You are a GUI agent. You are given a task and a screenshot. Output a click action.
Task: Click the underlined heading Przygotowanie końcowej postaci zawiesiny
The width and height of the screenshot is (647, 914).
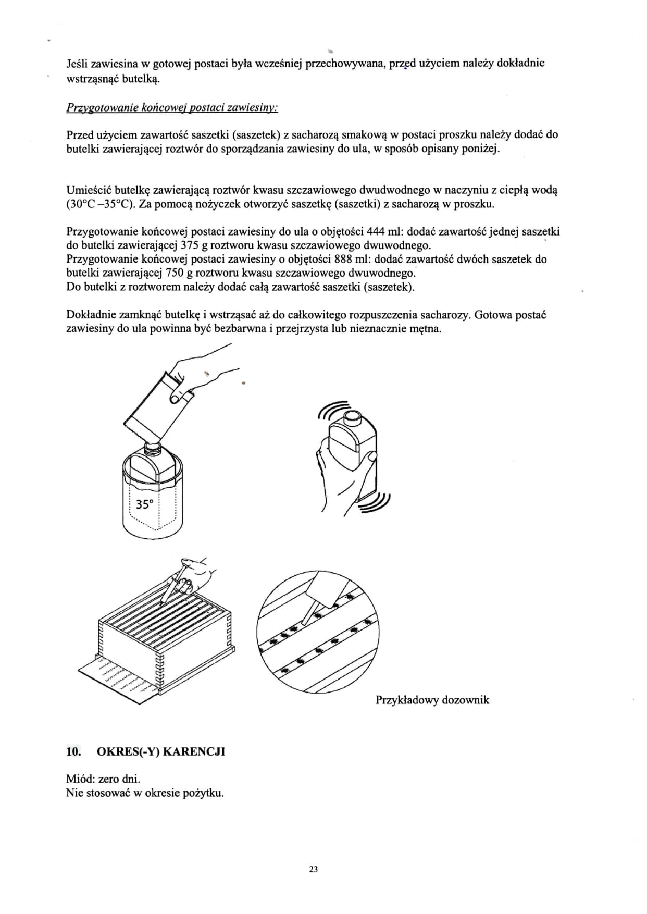172,107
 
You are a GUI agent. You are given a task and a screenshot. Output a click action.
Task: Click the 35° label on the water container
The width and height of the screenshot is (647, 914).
144,504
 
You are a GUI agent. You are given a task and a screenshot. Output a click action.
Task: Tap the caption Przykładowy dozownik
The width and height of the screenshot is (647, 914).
432,700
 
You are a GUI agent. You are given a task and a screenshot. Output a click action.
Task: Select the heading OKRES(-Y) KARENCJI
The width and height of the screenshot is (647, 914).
161,751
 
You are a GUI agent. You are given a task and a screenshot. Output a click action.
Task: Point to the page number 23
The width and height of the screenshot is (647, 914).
314,869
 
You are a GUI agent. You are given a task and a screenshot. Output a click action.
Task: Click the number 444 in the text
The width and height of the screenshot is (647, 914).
376,231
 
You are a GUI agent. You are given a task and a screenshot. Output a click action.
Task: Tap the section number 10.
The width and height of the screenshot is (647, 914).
73,751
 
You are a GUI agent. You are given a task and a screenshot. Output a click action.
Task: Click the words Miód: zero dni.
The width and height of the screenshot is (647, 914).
103,779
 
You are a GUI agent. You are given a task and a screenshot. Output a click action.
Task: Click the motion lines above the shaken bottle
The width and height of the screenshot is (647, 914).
333,409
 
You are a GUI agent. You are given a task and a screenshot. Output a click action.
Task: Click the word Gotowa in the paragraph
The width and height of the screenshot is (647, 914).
492,315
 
